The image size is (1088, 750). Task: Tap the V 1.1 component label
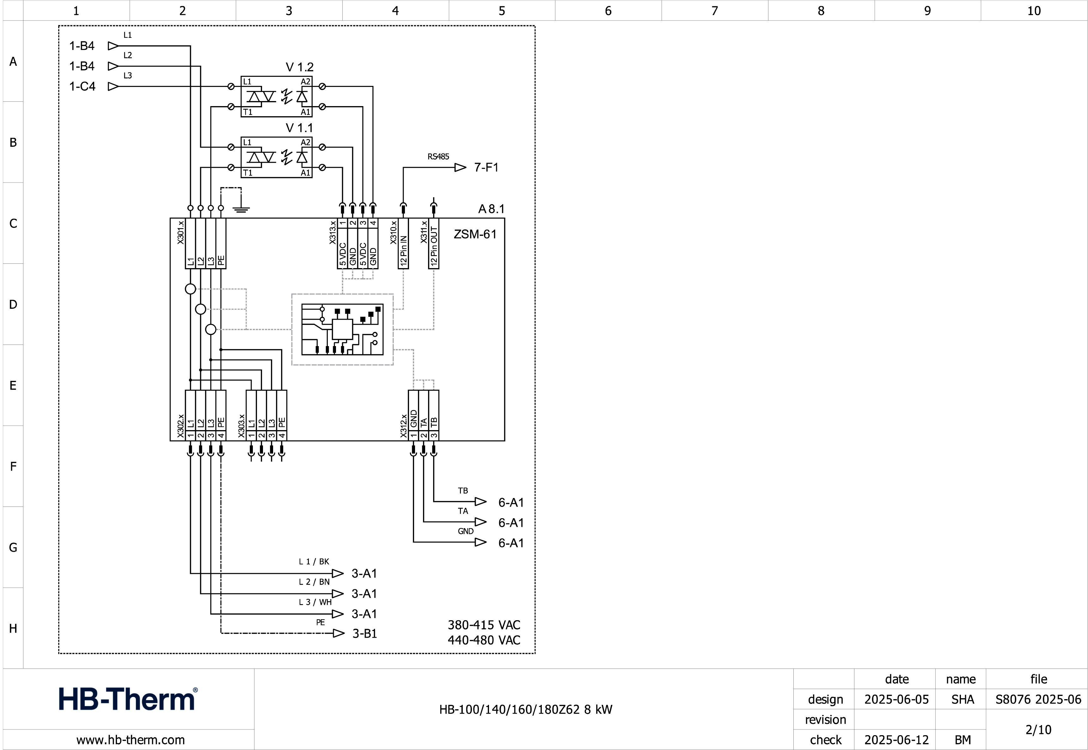(x=299, y=128)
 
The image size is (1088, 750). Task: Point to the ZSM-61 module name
(x=475, y=234)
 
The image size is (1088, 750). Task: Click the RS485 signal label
(x=438, y=157)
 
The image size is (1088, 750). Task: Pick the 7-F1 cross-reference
(x=486, y=167)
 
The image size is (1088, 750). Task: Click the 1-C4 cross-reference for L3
(x=82, y=87)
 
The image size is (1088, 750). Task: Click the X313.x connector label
(x=333, y=232)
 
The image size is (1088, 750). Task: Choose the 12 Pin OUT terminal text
(x=434, y=247)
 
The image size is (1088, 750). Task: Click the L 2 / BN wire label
(x=314, y=582)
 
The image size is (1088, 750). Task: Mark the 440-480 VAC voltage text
(x=484, y=640)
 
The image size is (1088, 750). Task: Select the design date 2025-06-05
(x=896, y=699)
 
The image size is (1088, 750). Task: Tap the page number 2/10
(x=1038, y=729)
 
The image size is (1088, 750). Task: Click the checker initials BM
(x=963, y=740)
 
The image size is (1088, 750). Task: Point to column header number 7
(x=714, y=11)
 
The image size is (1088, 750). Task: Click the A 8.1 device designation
(x=491, y=209)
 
